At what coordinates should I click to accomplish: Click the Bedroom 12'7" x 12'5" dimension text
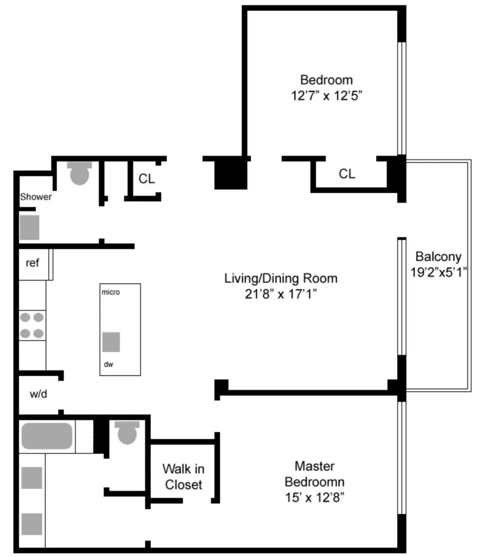(327, 96)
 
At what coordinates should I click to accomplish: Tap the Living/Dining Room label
(280, 278)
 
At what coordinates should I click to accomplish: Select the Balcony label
(438, 256)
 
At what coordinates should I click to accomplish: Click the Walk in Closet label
(183, 477)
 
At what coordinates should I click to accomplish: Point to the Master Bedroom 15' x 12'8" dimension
(315, 498)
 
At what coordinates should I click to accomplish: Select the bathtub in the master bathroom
(47, 436)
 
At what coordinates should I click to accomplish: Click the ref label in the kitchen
(32, 263)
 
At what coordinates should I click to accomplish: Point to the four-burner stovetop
(32, 325)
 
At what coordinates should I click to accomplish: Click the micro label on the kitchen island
(110, 292)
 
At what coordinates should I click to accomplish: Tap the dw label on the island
(108, 364)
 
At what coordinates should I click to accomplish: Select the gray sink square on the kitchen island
(111, 342)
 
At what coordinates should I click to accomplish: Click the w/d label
(38, 394)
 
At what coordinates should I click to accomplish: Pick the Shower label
(36, 197)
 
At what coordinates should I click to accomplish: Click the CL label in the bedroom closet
(347, 174)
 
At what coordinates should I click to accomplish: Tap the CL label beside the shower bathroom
(147, 179)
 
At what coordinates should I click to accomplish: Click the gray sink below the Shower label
(29, 228)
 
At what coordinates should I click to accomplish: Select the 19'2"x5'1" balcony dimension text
(438, 272)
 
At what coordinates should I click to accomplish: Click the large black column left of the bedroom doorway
(231, 173)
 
